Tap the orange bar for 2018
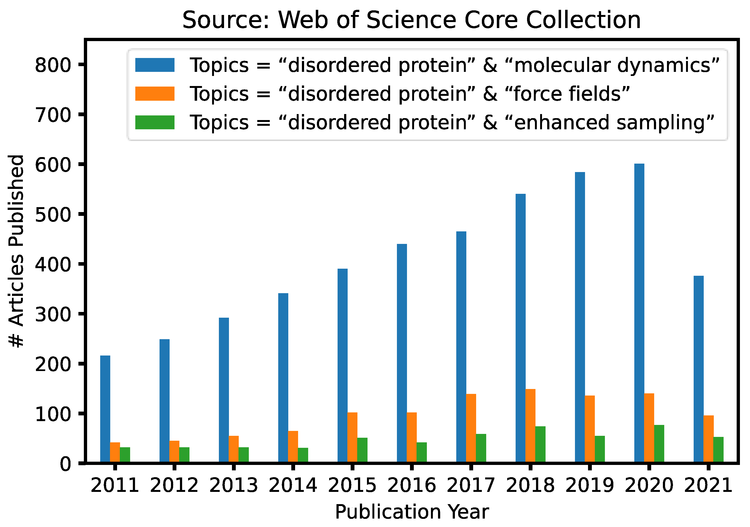pyautogui.click(x=531, y=426)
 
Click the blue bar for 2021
pyautogui.click(x=699, y=369)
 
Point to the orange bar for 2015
pyautogui.click(x=352, y=438)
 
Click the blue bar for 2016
pyautogui.click(x=402, y=353)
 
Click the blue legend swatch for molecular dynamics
pyautogui.click(x=155, y=65)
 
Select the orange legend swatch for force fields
pyautogui.click(x=155, y=93)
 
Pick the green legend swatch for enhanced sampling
pyautogui.click(x=155, y=122)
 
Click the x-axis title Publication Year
pyautogui.click(x=412, y=512)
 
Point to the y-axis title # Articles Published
pyautogui.click(x=16, y=251)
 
